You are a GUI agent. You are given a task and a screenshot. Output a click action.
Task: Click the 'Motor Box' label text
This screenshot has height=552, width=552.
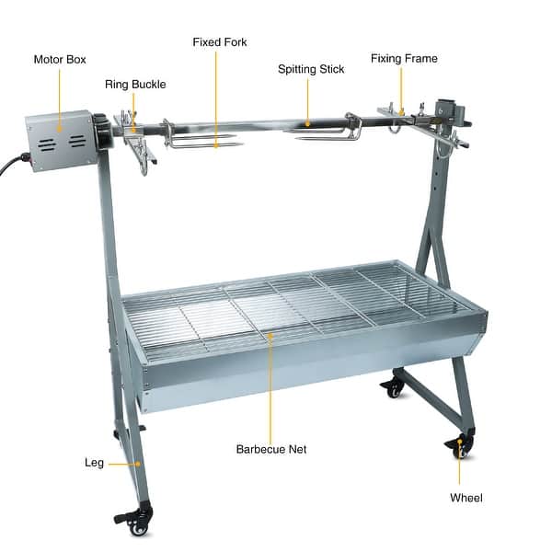(x=60, y=59)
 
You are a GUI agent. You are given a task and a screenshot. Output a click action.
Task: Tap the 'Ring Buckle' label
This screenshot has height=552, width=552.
(x=135, y=84)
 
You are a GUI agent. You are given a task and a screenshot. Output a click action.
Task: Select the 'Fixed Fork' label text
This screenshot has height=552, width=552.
(x=219, y=41)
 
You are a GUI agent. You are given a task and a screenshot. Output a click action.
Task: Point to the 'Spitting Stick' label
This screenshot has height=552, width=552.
(x=311, y=69)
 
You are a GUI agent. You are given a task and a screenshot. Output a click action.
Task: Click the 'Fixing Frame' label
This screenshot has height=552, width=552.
(x=404, y=58)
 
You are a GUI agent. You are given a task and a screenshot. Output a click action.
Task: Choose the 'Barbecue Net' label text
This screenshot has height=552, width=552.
(x=271, y=450)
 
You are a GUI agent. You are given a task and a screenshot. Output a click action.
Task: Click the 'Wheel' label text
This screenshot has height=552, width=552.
(x=466, y=498)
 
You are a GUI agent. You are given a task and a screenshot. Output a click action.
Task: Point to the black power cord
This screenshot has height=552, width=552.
(x=11, y=167)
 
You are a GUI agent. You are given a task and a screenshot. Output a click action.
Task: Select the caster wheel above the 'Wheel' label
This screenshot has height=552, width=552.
(x=461, y=447)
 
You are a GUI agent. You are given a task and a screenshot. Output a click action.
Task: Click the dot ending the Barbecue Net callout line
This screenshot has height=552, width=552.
(x=271, y=338)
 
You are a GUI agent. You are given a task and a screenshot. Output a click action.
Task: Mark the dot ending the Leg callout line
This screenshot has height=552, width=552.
(x=138, y=465)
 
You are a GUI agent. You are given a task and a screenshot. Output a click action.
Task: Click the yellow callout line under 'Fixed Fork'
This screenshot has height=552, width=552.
(x=216, y=92)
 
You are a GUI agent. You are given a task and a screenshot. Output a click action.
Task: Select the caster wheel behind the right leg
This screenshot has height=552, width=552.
(x=395, y=386)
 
